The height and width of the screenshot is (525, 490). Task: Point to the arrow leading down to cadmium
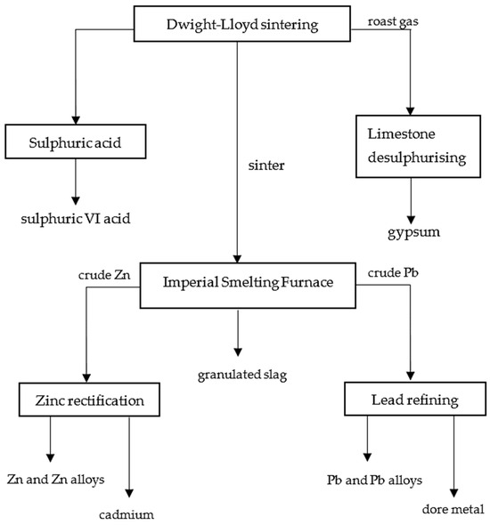click(x=131, y=458)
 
